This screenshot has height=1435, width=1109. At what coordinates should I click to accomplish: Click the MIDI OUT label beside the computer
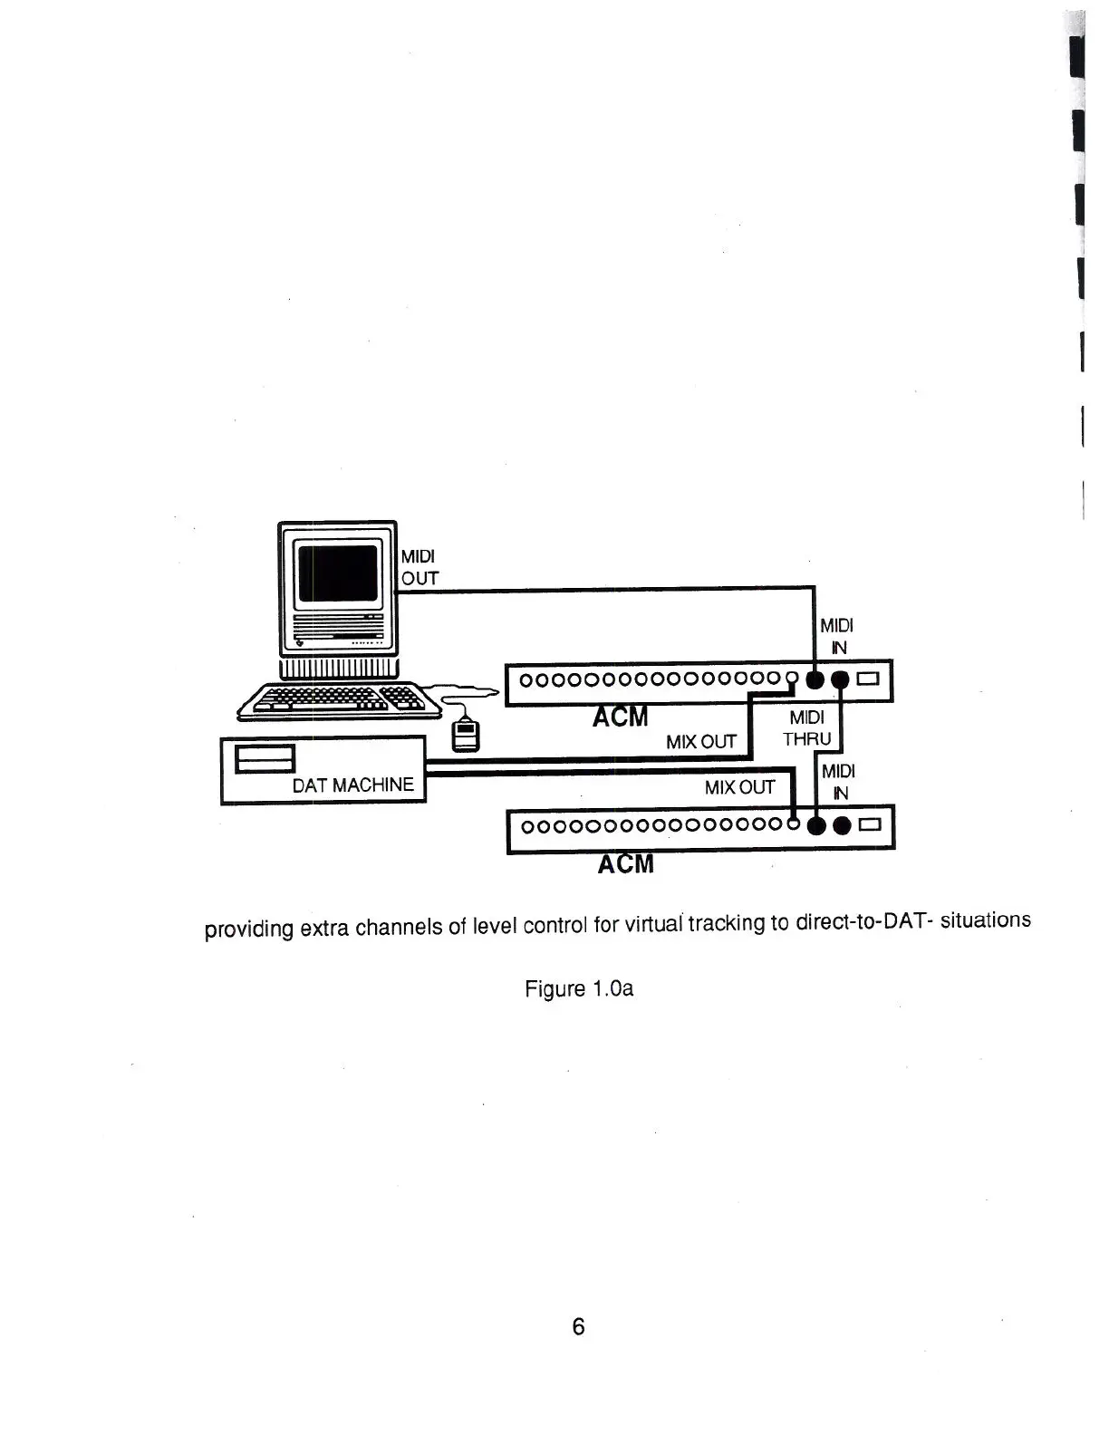[419, 567]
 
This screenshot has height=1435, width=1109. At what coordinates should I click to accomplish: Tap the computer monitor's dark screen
[338, 573]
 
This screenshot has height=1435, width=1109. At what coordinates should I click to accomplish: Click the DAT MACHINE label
[352, 785]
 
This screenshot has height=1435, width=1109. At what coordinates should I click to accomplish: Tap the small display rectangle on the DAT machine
[265, 759]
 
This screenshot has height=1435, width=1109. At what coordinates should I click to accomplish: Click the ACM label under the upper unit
[621, 717]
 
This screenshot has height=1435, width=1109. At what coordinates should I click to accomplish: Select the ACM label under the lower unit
[625, 864]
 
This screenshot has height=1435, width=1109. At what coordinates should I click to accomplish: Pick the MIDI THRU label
[807, 728]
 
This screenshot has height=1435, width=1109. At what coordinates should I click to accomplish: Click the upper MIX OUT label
[701, 742]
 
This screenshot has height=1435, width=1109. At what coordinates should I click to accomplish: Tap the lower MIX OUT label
[739, 787]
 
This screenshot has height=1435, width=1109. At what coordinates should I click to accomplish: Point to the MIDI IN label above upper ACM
[836, 636]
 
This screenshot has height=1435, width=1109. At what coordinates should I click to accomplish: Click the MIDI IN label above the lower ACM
[838, 782]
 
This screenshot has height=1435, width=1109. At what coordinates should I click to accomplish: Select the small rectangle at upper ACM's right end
[869, 679]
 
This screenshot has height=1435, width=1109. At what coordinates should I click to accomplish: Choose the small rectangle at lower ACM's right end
[871, 825]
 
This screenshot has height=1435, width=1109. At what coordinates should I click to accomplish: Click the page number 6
[578, 1326]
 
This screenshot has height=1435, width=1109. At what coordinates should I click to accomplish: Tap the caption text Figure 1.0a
[579, 988]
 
